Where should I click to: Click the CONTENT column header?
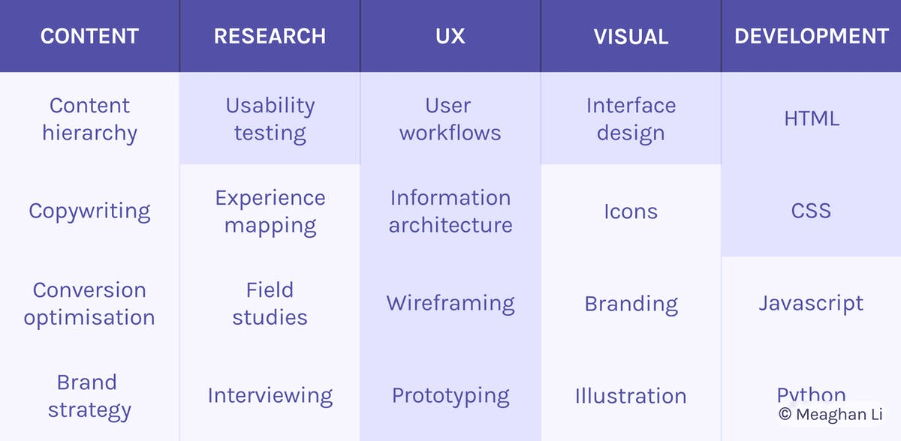tap(89, 36)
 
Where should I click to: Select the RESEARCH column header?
tap(270, 36)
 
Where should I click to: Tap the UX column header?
tap(450, 36)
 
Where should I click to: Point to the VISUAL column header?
tap(631, 37)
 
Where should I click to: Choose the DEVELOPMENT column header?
tap(812, 36)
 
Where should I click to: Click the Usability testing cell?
tap(270, 119)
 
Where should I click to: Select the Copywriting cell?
tap(89, 211)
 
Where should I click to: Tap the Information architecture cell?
tap(450, 211)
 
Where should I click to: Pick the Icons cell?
tap(631, 211)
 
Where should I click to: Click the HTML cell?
tap(812, 118)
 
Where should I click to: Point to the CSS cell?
tap(811, 211)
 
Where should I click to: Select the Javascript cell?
tap(811, 304)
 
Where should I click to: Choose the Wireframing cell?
tap(450, 304)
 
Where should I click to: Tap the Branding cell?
tap(631, 304)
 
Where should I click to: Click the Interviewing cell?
tap(270, 396)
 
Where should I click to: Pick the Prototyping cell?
tap(450, 396)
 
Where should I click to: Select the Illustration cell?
tap(631, 396)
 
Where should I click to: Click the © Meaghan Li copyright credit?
tap(830, 414)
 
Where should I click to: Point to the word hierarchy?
tap(89, 133)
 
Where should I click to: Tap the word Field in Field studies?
tap(270, 289)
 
